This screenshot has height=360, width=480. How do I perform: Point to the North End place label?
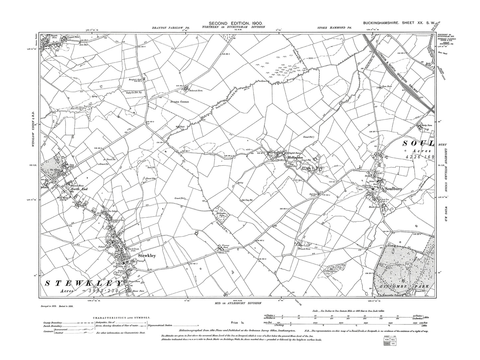[x=77, y=189]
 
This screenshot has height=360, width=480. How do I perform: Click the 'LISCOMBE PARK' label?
[x=406, y=286]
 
